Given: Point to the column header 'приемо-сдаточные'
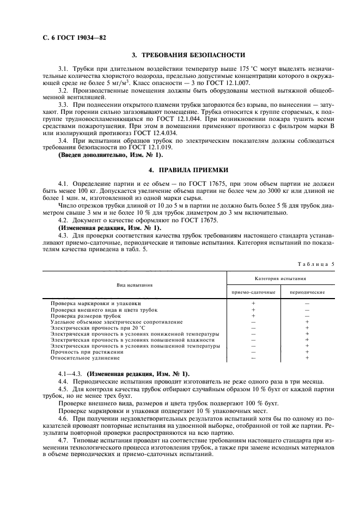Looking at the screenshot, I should (253, 293).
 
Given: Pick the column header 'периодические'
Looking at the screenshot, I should (307, 293).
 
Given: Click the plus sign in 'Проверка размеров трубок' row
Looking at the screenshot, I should (253, 315).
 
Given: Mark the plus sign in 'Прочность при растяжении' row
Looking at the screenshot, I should (307, 352).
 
